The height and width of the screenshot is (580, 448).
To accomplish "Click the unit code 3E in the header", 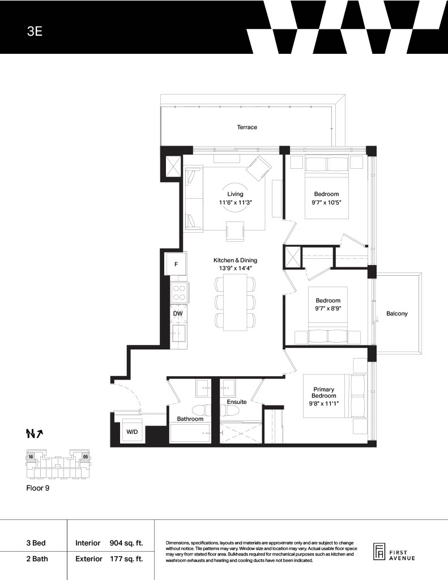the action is [x=35, y=31].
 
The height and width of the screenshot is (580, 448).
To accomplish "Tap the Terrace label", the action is [x=247, y=127].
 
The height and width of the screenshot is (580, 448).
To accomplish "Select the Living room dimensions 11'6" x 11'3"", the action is [x=235, y=202].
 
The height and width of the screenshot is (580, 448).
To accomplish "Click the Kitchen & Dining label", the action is [x=235, y=261].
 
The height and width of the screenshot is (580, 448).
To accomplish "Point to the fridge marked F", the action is [x=176, y=264].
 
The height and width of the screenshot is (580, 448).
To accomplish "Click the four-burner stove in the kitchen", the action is [x=180, y=293].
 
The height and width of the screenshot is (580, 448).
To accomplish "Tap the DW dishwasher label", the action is [x=178, y=314].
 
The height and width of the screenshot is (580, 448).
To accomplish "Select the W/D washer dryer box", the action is [x=132, y=430].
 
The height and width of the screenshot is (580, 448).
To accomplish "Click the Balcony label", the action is [x=397, y=314].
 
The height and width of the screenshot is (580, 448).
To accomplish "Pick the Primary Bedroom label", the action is [x=324, y=393].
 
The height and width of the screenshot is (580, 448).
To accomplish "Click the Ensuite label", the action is [x=237, y=402].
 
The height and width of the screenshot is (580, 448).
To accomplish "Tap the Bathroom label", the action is [x=190, y=419].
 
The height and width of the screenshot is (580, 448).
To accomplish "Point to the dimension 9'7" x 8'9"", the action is [x=328, y=308].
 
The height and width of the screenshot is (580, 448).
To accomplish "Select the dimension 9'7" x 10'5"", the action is [x=327, y=202].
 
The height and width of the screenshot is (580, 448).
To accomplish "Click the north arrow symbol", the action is [x=35, y=433].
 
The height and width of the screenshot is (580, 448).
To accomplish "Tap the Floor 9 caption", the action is [x=38, y=488].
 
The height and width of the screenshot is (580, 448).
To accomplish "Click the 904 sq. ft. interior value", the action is [x=126, y=543].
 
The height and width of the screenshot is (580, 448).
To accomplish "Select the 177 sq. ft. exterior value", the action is [x=126, y=559].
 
